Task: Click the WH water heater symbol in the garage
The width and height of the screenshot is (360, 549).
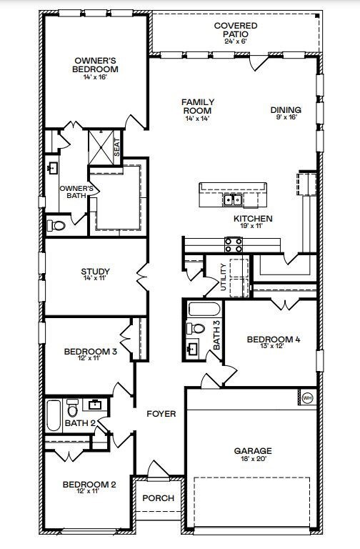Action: [x=308, y=397]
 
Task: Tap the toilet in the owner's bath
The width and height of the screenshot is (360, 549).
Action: [x=56, y=225]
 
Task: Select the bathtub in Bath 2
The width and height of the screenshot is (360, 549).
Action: [x=54, y=415]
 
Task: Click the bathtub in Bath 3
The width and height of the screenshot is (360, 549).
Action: [x=204, y=310]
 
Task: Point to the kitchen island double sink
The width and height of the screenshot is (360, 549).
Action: [x=233, y=200]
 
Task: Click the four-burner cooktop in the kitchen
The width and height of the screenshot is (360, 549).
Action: [x=234, y=244]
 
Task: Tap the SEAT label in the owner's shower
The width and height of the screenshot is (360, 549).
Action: [x=117, y=147]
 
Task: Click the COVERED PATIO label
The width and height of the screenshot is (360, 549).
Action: [x=236, y=30]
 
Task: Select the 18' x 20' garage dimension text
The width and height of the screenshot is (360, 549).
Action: [x=253, y=459]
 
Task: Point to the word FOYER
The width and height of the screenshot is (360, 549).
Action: [x=161, y=414]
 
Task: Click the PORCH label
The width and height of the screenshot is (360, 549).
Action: [x=158, y=498]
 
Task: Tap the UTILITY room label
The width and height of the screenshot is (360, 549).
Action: [x=224, y=277]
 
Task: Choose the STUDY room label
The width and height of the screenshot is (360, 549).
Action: [x=95, y=271]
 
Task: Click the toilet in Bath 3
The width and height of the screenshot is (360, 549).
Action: [x=196, y=328]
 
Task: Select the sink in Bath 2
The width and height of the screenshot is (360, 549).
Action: [x=95, y=405]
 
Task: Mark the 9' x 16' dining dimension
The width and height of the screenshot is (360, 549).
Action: [x=286, y=117]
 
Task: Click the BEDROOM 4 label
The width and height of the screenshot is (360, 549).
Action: [x=274, y=339]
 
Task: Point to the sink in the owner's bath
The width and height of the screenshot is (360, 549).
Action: [x=53, y=168]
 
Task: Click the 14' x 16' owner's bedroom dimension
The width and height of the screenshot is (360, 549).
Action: [x=95, y=76]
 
